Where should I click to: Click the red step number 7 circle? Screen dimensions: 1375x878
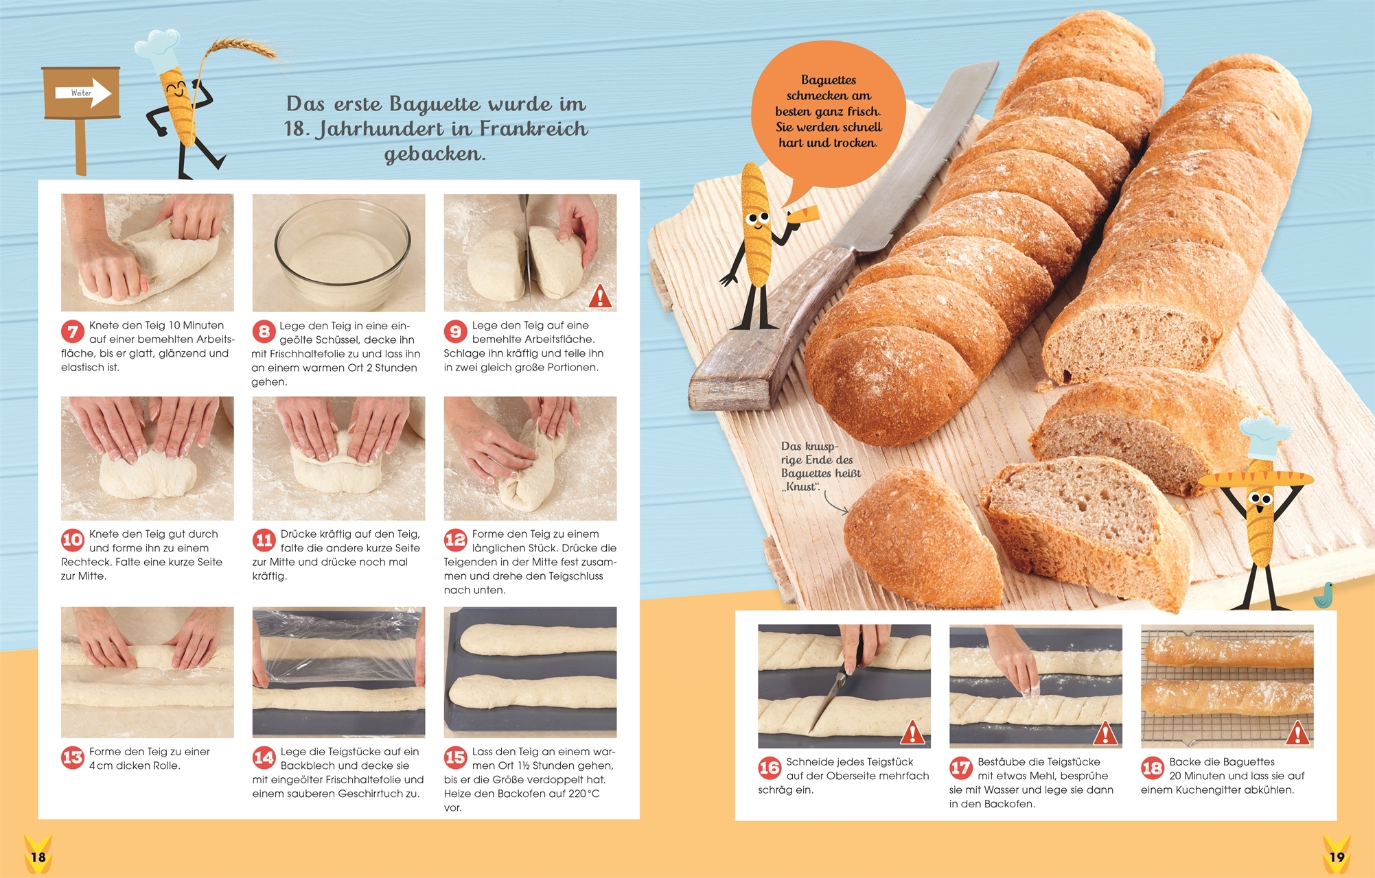(x=72, y=332)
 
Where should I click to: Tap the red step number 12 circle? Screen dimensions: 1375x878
(x=455, y=540)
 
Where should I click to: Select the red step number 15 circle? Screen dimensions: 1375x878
(x=455, y=757)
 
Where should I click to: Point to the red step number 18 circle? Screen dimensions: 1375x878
(x=1152, y=768)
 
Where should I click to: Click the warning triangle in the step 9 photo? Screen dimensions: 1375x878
(x=600, y=296)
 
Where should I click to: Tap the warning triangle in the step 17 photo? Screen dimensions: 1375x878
(x=1105, y=733)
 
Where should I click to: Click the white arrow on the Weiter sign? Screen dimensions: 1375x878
(x=91, y=93)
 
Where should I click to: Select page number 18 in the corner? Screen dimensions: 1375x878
(x=38, y=857)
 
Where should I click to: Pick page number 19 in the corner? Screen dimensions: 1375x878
(x=1337, y=857)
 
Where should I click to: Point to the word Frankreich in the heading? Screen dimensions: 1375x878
(x=533, y=129)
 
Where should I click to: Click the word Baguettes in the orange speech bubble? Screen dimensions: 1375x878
(x=829, y=80)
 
